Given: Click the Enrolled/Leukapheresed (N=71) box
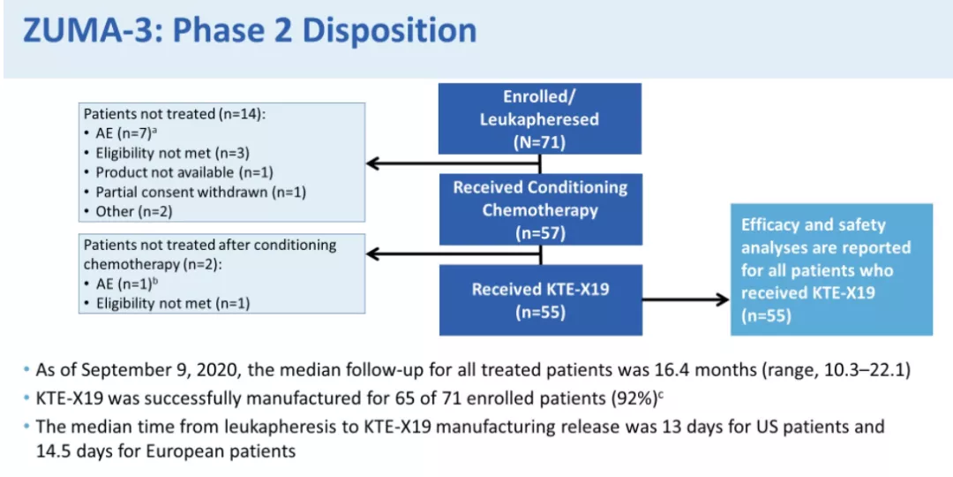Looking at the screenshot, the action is tap(540, 118).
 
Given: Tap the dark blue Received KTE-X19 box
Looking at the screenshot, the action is tap(540, 300).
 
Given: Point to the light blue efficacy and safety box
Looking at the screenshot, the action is tap(831, 269).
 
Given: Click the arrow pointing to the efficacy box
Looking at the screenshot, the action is tap(686, 299).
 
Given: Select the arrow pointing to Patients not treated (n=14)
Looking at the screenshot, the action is tap(453, 163).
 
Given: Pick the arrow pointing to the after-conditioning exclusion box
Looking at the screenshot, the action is tap(453, 254).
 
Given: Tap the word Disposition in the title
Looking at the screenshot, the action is tap(390, 31).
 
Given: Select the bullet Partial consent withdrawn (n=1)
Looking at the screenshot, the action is tap(194, 192).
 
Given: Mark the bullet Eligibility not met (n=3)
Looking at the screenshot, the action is tap(167, 153).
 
